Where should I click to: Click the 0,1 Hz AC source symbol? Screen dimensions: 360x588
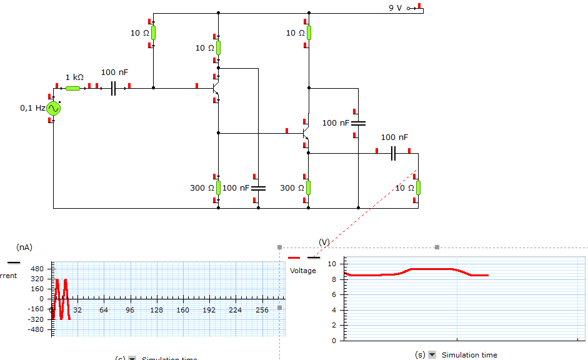click(54, 108)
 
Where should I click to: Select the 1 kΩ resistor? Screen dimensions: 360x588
click(73, 88)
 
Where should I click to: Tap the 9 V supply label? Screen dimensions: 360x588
click(396, 8)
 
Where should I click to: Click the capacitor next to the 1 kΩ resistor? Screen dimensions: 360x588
click(113, 88)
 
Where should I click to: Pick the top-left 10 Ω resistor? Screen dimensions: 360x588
click(153, 32)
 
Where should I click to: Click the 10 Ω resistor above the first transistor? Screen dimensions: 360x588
click(218, 47)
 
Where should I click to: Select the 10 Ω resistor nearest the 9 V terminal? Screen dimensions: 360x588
click(308, 32)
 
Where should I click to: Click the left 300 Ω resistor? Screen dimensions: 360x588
click(218, 187)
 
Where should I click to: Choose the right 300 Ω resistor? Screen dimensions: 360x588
click(308, 187)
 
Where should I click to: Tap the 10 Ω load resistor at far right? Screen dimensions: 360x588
click(418, 187)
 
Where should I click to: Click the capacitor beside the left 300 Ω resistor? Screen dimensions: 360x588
click(258, 187)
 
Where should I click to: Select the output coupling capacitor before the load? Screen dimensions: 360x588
click(393, 153)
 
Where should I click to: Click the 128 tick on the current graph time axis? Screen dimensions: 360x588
click(156, 310)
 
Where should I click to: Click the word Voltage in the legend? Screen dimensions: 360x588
click(303, 271)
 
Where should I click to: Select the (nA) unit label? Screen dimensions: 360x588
click(24, 247)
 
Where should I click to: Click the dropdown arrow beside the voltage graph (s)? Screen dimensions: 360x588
click(432, 355)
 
